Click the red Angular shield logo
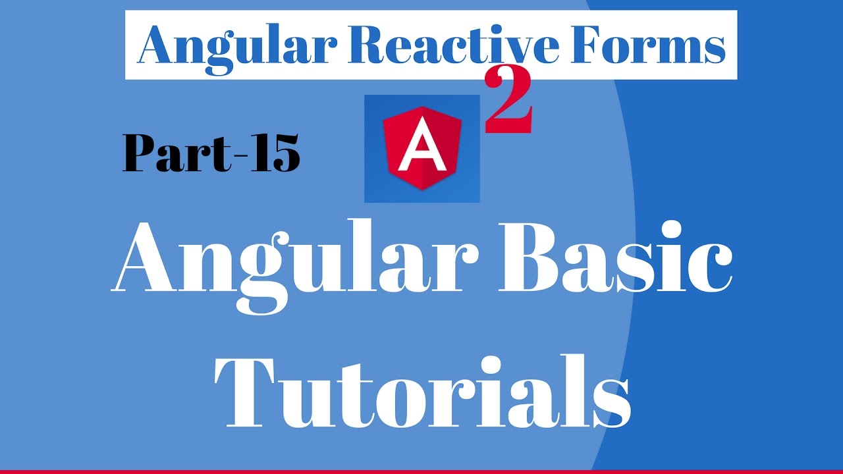421,149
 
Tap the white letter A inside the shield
421,151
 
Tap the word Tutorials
421,388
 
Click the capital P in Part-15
141,154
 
